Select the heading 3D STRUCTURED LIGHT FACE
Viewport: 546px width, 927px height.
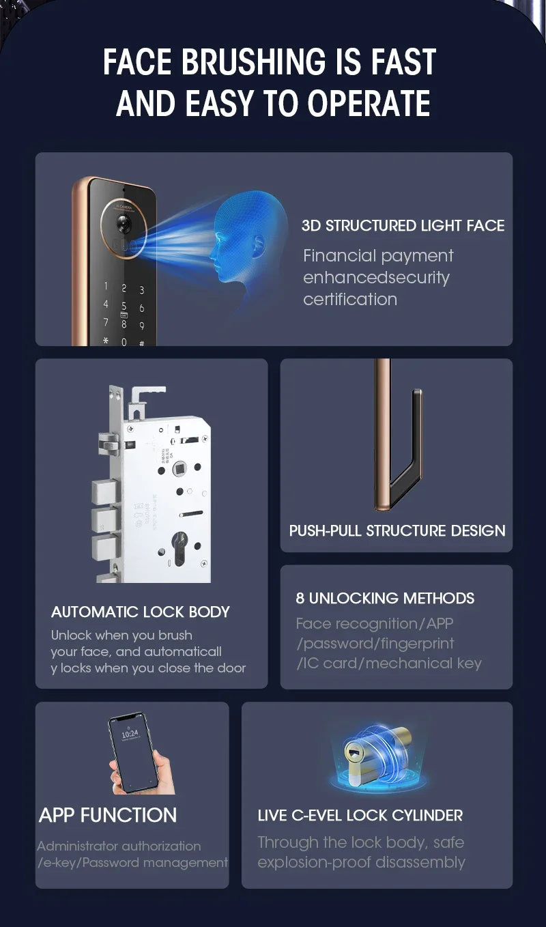click(403, 226)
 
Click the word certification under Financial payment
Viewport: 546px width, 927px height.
click(349, 300)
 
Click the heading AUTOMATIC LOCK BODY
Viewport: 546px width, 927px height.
click(141, 612)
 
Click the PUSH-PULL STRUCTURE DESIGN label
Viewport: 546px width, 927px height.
click(397, 531)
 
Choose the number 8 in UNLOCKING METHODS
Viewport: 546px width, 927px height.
click(300, 599)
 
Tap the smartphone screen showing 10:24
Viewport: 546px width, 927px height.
click(132, 751)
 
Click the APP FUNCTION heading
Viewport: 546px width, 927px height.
click(108, 815)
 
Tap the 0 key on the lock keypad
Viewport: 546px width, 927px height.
click(124, 341)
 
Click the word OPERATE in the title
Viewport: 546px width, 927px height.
click(369, 103)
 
